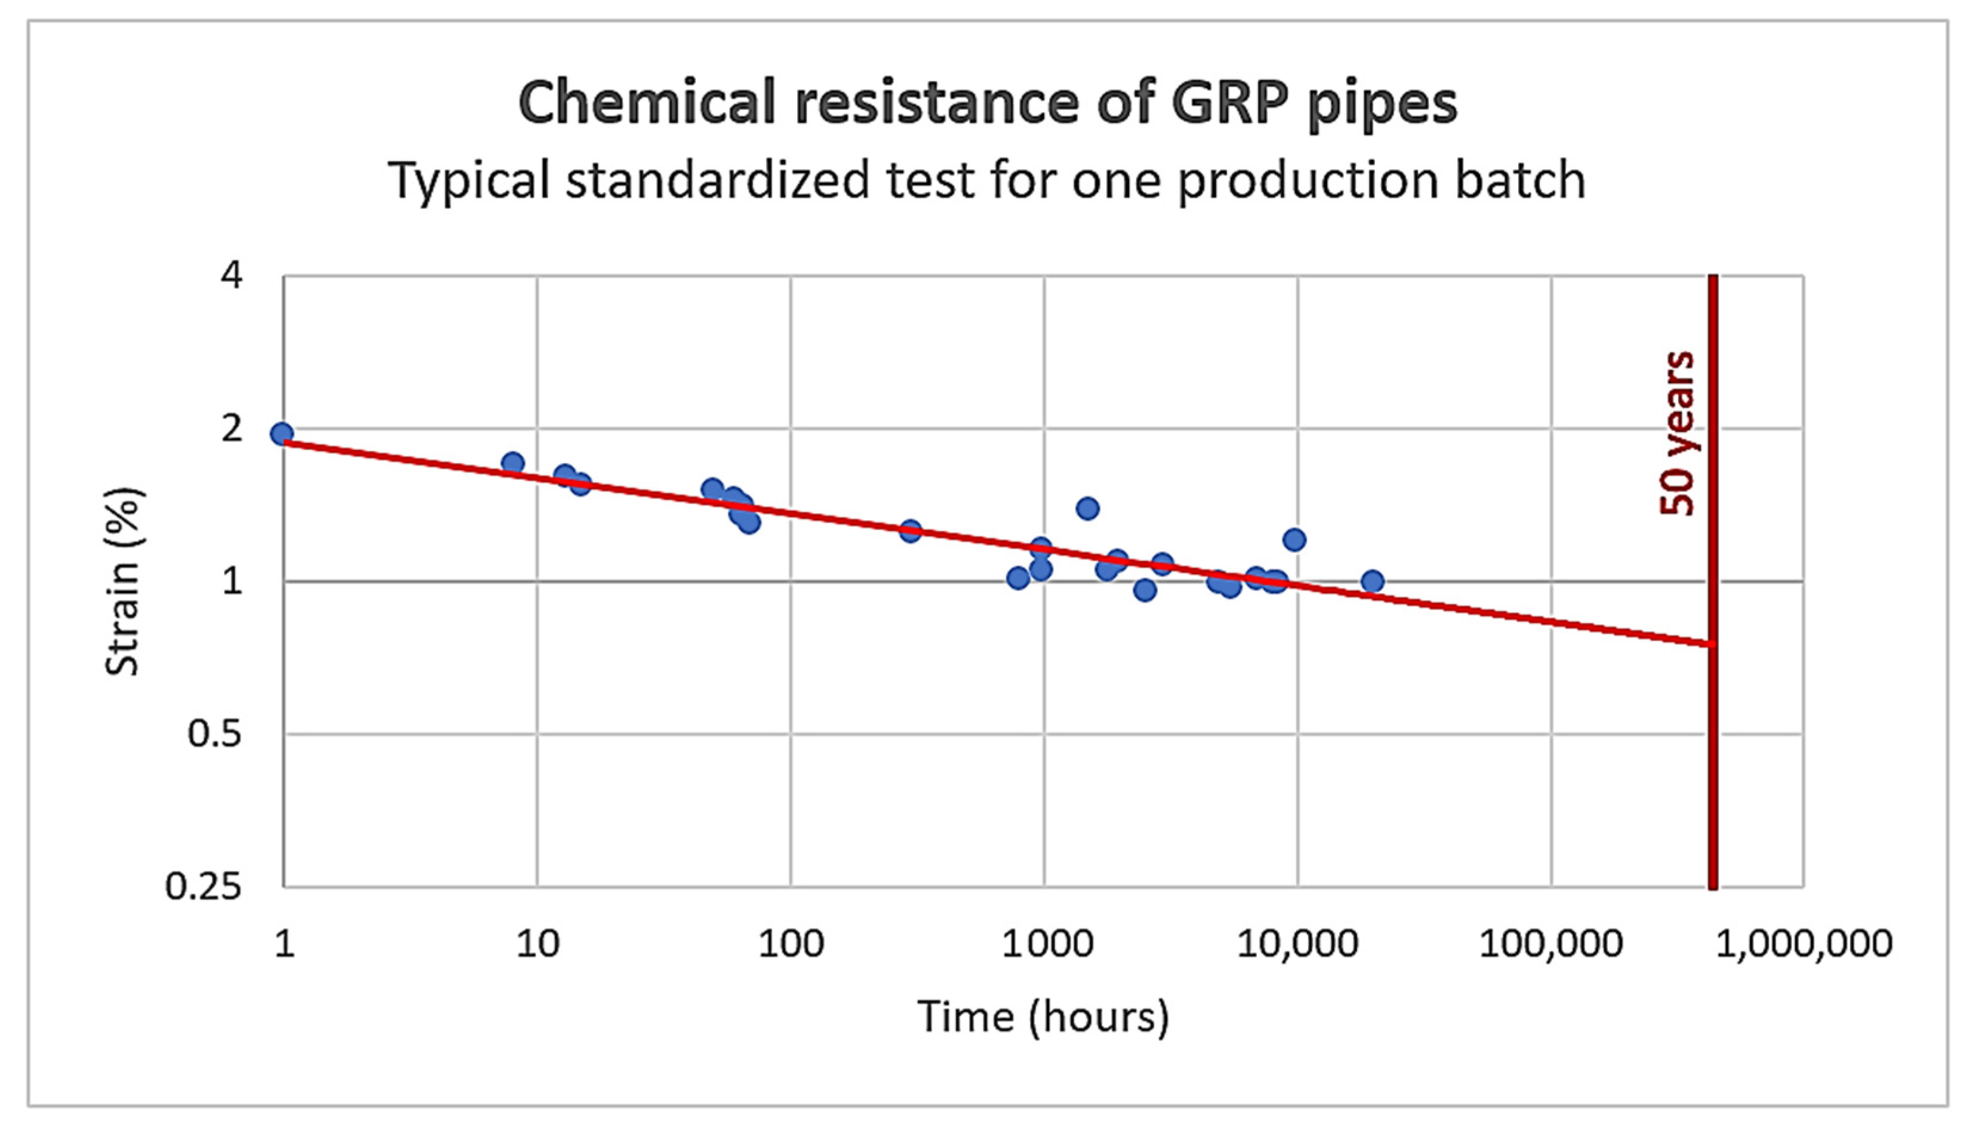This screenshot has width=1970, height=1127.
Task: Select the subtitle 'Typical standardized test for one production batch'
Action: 987,180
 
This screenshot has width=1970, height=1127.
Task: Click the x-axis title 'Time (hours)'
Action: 1043,1015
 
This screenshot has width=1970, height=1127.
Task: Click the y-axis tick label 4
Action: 232,276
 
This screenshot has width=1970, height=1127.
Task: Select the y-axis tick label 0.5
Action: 214,734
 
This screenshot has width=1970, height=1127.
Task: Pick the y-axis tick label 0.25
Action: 204,887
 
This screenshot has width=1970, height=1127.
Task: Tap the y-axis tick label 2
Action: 232,428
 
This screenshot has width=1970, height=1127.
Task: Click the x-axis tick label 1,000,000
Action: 1803,944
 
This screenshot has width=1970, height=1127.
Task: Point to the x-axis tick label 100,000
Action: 1550,944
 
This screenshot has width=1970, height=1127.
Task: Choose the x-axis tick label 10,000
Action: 1297,944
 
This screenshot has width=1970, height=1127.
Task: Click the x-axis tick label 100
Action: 790,944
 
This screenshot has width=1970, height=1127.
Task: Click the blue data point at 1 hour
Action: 282,434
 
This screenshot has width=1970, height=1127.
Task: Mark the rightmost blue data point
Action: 1373,581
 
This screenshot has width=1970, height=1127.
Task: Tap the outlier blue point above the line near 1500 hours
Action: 1087,508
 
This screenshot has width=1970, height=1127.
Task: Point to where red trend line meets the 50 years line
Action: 1713,643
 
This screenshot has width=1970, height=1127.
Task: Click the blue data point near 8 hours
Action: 513,464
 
